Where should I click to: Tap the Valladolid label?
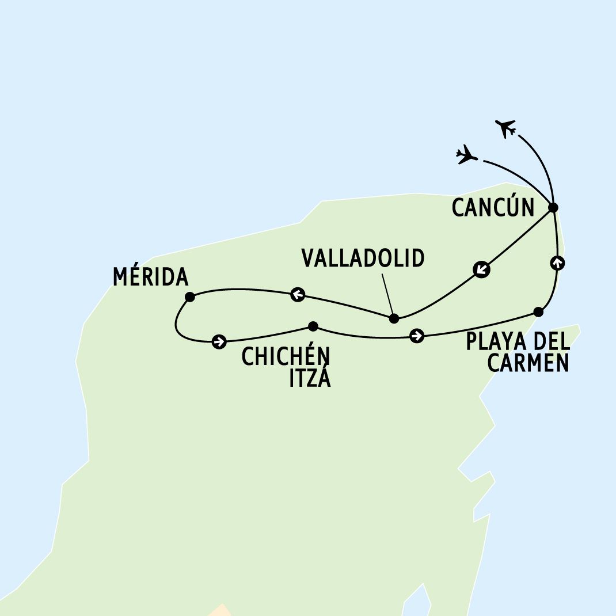pyautogui.click(x=363, y=258)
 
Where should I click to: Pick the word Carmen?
pyautogui.click(x=528, y=363)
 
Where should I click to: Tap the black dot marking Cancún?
pyautogui.click(x=553, y=207)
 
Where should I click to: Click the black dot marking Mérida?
pyautogui.click(x=190, y=296)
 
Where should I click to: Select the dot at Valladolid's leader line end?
pyautogui.click(x=394, y=318)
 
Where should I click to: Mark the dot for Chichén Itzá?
pyautogui.click(x=313, y=326)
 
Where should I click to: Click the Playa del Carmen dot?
pyautogui.click(x=538, y=312)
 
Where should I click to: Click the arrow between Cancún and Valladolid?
pyautogui.click(x=482, y=269)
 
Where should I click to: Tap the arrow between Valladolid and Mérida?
pyautogui.click(x=298, y=294)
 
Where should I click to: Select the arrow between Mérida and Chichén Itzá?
pyautogui.click(x=219, y=341)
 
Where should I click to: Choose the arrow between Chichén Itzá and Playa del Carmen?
pyautogui.click(x=417, y=336)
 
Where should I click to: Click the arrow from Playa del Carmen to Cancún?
pyautogui.click(x=557, y=263)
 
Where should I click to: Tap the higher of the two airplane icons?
pyautogui.click(x=505, y=128)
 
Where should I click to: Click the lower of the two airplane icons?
pyautogui.click(x=466, y=155)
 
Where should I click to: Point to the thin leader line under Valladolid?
pyautogui.click(x=388, y=294)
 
